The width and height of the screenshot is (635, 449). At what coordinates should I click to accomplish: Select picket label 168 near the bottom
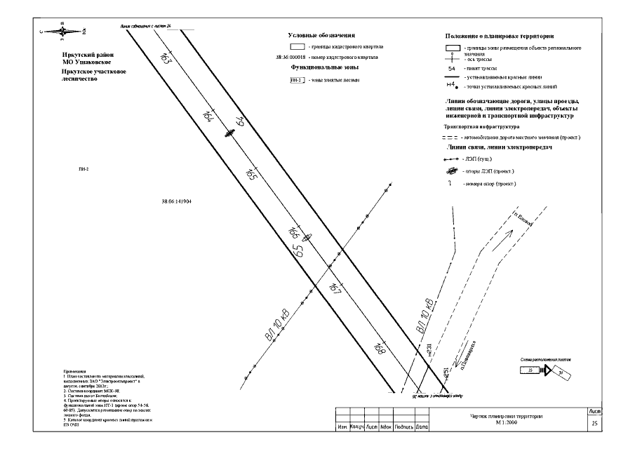click(x=380, y=348)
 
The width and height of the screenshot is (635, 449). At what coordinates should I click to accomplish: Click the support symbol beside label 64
click(x=229, y=133)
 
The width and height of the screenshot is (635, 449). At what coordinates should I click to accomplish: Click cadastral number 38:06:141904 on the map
click(x=176, y=201)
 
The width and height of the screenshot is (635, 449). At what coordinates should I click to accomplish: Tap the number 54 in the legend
click(x=452, y=69)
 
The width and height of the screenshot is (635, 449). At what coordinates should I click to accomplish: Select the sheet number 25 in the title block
click(x=594, y=424)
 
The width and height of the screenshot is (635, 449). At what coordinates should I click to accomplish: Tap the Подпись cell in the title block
click(x=403, y=427)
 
